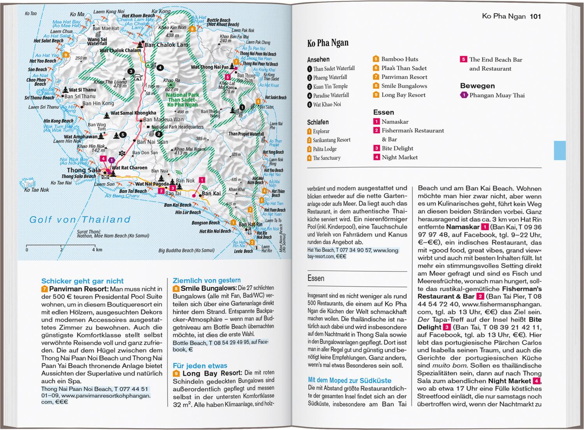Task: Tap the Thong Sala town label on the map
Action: click(x=84, y=170)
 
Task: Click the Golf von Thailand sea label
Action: click(x=80, y=220)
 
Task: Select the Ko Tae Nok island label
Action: click(x=37, y=190)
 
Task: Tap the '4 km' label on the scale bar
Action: click(x=97, y=250)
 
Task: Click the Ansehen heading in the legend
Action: click(x=318, y=60)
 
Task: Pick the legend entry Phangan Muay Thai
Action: click(x=497, y=95)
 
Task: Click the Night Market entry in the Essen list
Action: click(x=399, y=157)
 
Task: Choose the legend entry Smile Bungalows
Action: click(x=404, y=86)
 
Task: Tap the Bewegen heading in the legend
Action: click(x=477, y=86)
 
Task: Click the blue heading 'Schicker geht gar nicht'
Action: click(x=83, y=281)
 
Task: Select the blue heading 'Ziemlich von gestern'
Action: click(x=206, y=280)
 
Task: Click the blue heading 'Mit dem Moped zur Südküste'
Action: click(x=350, y=381)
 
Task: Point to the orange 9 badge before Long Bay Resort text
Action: click(x=176, y=374)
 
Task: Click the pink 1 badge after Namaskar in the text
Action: click(x=485, y=227)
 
